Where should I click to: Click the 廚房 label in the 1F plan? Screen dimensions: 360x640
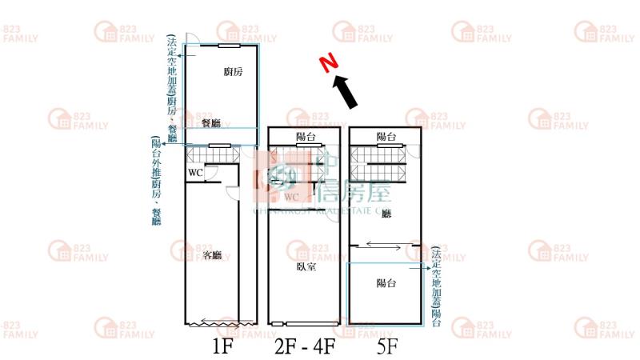pos(234,72)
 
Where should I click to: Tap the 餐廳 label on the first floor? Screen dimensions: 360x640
pos(211,122)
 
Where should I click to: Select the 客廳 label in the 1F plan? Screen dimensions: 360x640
pos(212,255)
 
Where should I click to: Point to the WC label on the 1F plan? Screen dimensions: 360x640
pos(195,173)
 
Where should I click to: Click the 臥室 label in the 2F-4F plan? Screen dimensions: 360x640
pos(305,266)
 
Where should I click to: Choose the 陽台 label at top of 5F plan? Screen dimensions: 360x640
pos(386,137)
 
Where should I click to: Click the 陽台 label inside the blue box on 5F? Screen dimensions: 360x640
pos(386,282)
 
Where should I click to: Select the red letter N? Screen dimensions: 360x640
pos(326,63)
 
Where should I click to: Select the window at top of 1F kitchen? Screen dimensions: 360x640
pos(230,46)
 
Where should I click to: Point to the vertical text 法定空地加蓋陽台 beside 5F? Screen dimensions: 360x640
pos(436,286)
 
